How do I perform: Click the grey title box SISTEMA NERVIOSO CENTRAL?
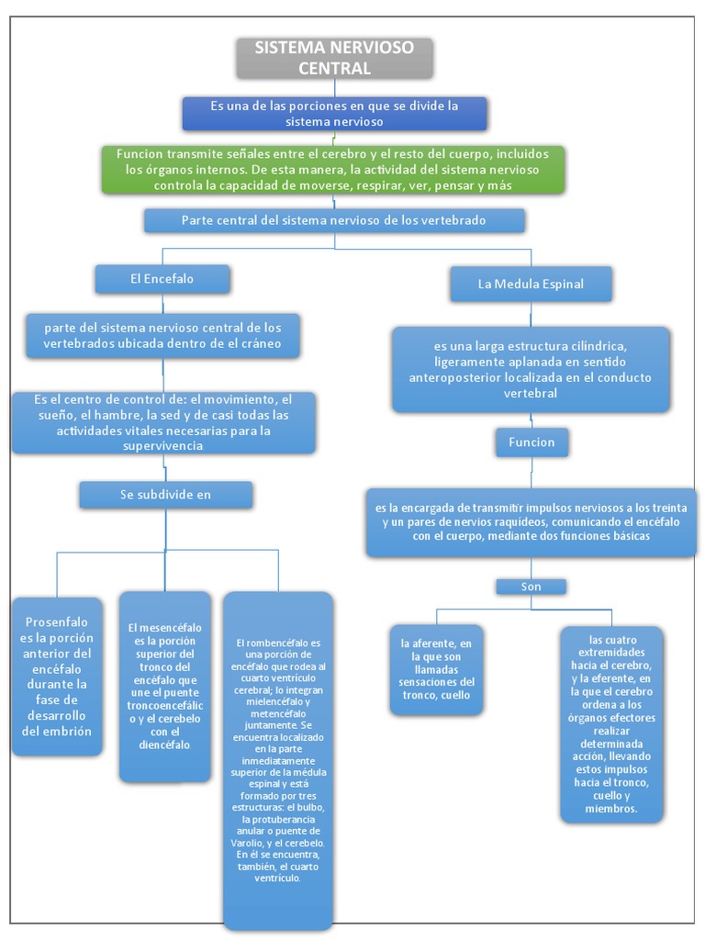coord(334,58)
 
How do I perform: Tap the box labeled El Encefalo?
coord(162,279)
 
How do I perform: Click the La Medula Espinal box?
coord(531,285)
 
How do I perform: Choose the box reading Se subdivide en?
coord(165,495)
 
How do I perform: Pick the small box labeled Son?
coord(531,586)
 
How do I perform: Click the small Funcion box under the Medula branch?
coord(532,442)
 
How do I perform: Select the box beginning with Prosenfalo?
coord(57,677)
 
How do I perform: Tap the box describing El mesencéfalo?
coord(164,686)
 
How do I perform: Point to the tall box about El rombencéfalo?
coord(278,760)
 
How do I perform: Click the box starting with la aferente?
coord(436,669)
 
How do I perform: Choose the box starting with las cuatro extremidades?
coord(611,722)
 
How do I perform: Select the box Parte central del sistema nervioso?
coord(334,221)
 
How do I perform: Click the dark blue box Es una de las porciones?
coord(334,114)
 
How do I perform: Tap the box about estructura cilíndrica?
coord(531,370)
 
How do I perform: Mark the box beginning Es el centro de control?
coord(163,422)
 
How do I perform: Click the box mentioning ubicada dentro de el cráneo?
coord(163,336)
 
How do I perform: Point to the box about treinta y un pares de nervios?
coord(532,521)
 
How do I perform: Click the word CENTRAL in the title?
coord(334,69)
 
